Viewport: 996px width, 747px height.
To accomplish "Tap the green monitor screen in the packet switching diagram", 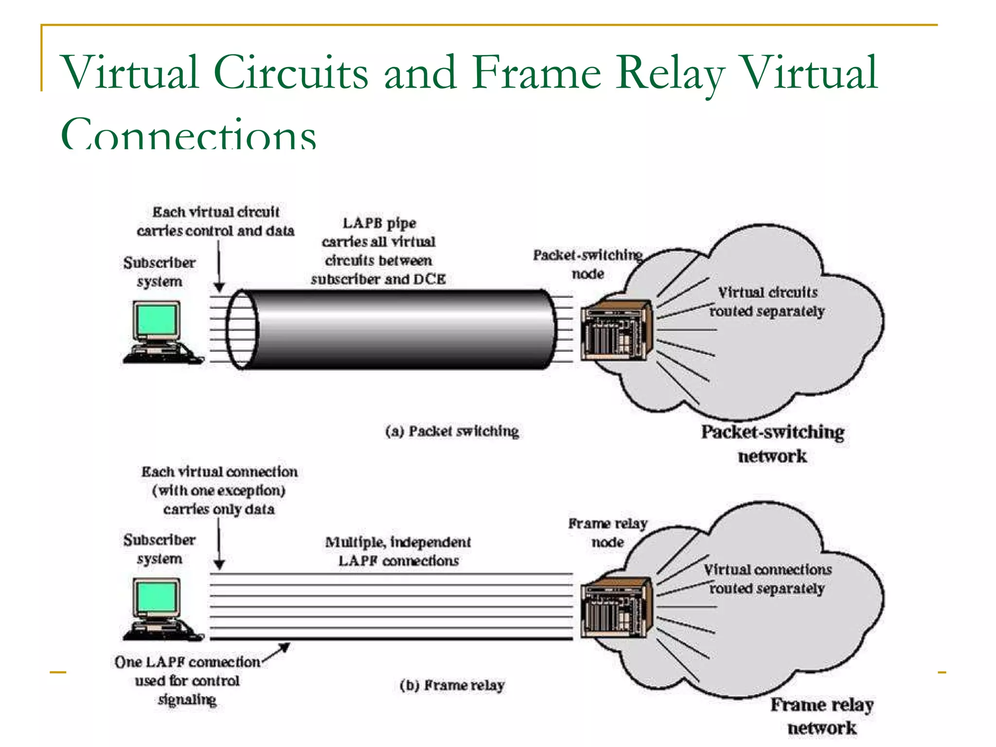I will pyautogui.click(x=157, y=320).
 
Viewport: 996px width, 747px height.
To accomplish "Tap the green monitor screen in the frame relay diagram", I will pyautogui.click(x=157, y=597).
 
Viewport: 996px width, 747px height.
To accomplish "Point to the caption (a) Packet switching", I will pyautogui.click(x=452, y=431).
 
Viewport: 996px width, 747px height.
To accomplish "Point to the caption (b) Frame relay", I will pyautogui.click(x=452, y=685).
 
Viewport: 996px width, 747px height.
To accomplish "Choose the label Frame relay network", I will pyautogui.click(x=822, y=716).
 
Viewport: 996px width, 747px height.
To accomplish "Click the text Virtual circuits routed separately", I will pyautogui.click(x=767, y=302).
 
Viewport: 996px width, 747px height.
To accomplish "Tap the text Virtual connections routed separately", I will pyautogui.click(x=767, y=579).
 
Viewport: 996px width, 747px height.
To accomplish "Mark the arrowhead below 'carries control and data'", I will pyautogui.click(x=219, y=287).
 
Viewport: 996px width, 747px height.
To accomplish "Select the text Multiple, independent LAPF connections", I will pyautogui.click(x=398, y=551).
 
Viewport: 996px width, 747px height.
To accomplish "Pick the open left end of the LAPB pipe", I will pyautogui.click(x=242, y=329).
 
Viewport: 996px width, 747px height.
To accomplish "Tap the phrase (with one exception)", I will pyautogui.click(x=219, y=490).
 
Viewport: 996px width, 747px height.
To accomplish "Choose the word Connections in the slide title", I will pyautogui.click(x=189, y=134).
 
